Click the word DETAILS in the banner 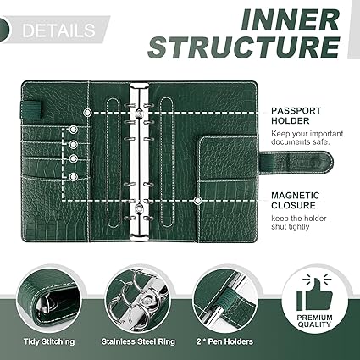coord(58,30)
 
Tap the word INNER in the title coord(290,20)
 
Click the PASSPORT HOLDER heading coord(296,116)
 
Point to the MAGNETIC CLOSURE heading coord(296,200)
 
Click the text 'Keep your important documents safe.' coord(307,138)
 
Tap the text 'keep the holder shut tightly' coord(299,223)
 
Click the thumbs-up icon coord(315,293)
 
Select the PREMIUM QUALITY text coord(314,321)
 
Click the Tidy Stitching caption coord(49,341)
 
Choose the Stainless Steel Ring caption coord(138,341)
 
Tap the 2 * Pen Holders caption coord(224,341)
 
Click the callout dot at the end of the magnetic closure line coord(197,201)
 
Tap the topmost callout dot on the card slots coord(74,130)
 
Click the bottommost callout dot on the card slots coord(74,177)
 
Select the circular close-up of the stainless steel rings coord(138,300)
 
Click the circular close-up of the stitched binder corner coord(50,300)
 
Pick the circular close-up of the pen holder coord(226,300)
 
